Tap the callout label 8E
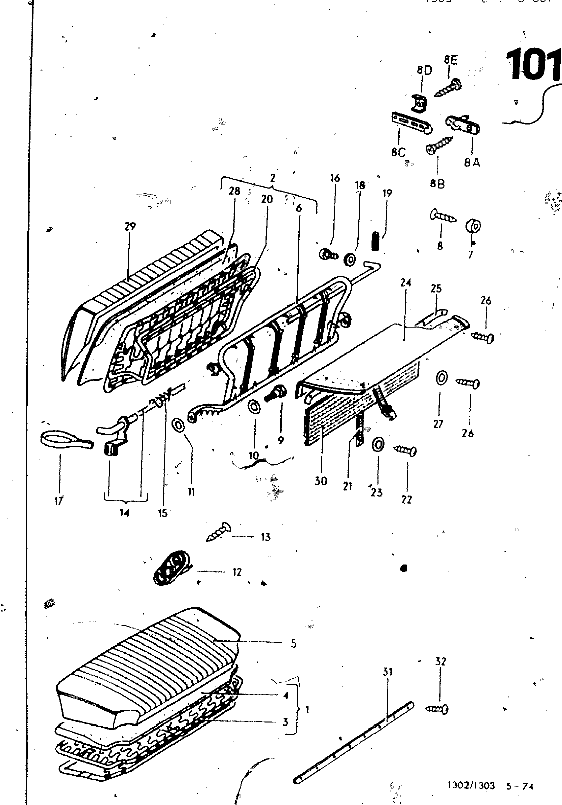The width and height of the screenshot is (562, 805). (451, 60)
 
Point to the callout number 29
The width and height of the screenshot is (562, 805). (130, 226)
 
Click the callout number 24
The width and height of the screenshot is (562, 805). (406, 283)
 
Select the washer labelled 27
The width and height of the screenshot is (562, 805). (441, 378)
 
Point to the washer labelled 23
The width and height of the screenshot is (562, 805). (378, 445)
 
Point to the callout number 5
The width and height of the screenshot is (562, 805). (293, 643)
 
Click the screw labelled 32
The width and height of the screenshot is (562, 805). (437, 709)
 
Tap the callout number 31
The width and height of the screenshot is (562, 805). (387, 672)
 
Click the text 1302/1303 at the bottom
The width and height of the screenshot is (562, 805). (471, 786)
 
